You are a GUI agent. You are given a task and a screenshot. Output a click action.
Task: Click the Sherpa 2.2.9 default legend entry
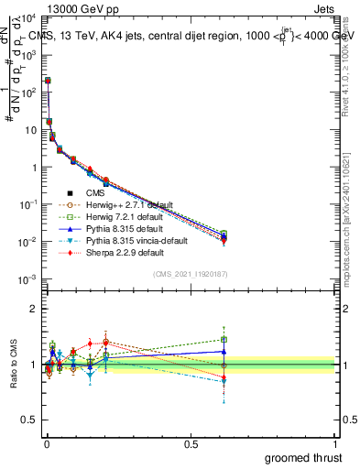pyautogui.click(x=113, y=252)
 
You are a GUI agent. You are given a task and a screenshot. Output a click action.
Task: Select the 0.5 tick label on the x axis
pyautogui.click(x=191, y=442)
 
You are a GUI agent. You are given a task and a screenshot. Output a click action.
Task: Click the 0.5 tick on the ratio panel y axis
pyautogui.click(x=30, y=421)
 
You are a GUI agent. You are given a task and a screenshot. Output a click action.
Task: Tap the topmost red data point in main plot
pyautogui.click(x=48, y=81)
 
